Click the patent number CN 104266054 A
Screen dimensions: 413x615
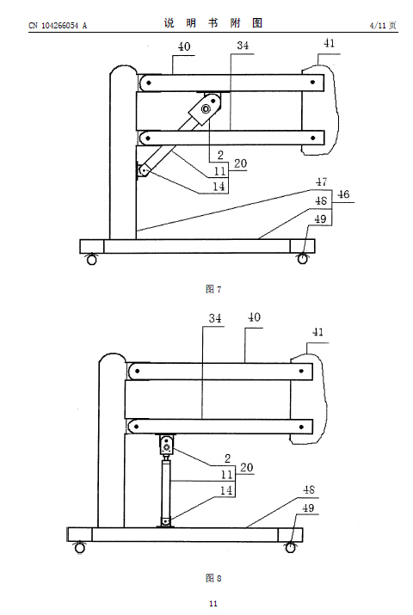tap(58, 26)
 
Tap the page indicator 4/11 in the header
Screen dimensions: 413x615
tap(378, 26)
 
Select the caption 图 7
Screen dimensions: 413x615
tap(213, 290)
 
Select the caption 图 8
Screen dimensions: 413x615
tap(213, 578)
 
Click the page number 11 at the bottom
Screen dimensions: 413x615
tap(213, 604)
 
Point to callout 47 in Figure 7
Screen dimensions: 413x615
tap(321, 182)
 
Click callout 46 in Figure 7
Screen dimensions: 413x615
tap(343, 194)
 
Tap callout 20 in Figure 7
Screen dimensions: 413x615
tap(240, 163)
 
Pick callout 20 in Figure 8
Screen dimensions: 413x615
tap(246, 468)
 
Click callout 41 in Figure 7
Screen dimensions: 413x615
tap(329, 43)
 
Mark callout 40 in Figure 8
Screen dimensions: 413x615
tap(254, 317)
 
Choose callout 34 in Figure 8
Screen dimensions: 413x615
tap(215, 317)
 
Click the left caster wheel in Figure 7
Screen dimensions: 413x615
tap(91, 259)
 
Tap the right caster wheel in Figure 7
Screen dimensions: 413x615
tap(302, 259)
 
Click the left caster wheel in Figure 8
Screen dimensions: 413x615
tap(80, 547)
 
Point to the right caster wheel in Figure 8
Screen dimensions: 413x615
tap(290, 547)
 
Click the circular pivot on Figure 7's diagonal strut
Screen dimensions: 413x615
tap(205, 109)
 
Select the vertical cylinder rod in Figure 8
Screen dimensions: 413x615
tap(167, 489)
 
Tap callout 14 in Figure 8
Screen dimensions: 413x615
tap(226, 490)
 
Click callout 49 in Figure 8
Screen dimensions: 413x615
tap(308, 508)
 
